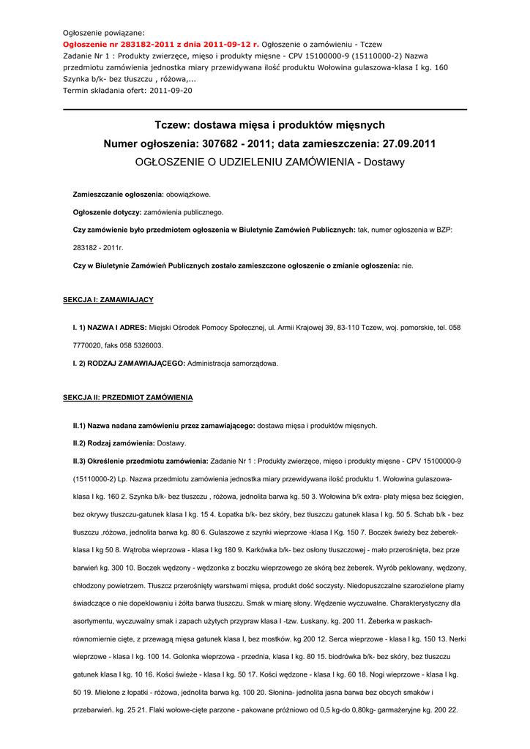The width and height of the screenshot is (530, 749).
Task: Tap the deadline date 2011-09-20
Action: click(x=171, y=90)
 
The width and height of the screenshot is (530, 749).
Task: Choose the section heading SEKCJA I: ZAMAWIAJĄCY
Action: click(x=108, y=300)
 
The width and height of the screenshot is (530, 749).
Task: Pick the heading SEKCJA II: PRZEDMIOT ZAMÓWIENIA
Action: click(x=127, y=397)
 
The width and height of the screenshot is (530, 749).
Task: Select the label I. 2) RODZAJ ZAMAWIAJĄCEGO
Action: click(x=128, y=363)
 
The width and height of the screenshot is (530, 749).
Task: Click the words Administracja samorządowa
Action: click(x=233, y=363)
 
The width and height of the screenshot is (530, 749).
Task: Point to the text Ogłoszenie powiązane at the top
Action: click(x=103, y=33)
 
